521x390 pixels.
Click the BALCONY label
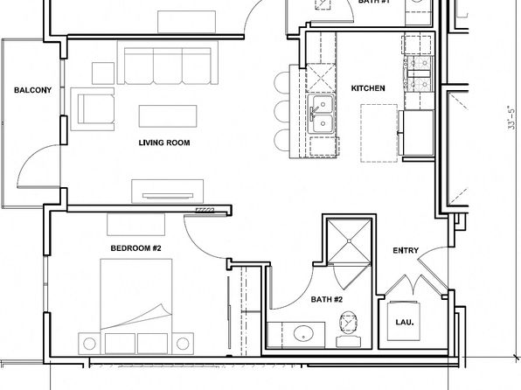coord(33,90)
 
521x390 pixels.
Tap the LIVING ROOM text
coord(164,143)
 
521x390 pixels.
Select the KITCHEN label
coord(368,88)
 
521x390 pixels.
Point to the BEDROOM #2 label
coord(135,248)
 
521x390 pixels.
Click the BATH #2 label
coord(326,299)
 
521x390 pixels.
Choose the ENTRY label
coord(406,250)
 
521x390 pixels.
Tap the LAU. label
coord(405,322)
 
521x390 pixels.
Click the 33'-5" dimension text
coord(512,117)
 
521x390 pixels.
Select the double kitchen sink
coord(321,114)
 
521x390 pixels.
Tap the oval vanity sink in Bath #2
coord(303,333)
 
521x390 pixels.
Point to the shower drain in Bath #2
coord(349,240)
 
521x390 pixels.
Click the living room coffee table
coord(168,116)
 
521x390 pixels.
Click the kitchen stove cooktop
coord(420,73)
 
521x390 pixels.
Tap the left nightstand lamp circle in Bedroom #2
coord(89,344)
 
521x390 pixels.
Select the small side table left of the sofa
coord(103,73)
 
